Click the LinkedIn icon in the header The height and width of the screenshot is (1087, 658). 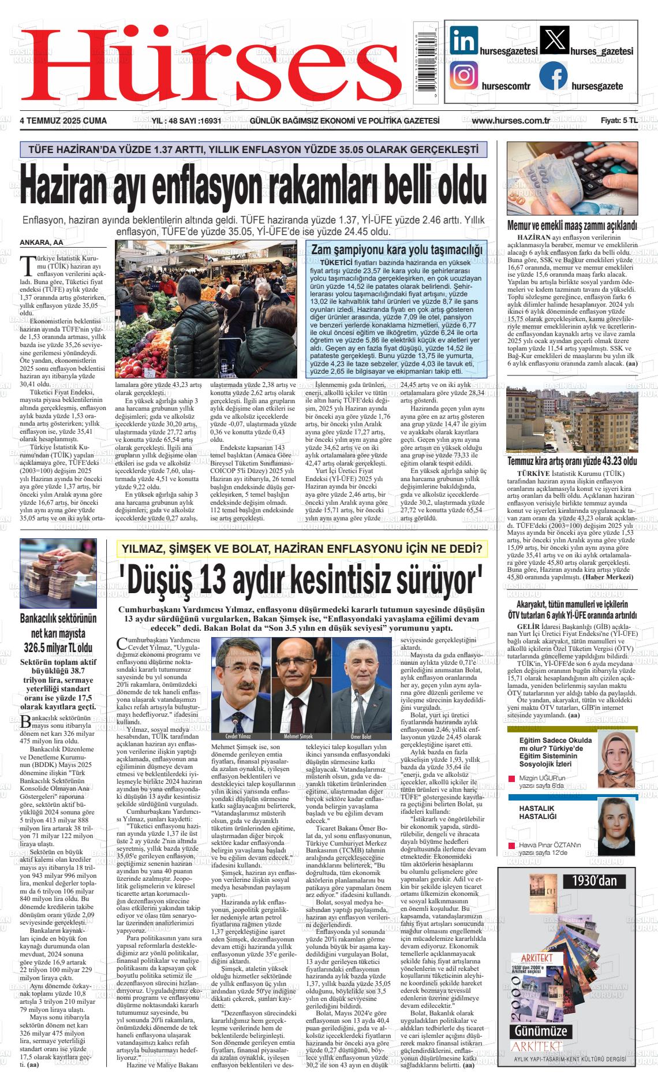[465, 42]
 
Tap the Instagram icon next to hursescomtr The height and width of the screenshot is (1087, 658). [464, 75]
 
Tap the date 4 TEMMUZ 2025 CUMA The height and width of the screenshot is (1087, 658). [63, 121]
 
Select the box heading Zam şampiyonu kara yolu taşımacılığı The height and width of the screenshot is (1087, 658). [396, 250]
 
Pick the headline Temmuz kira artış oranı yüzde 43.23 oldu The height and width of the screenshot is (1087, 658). [572, 461]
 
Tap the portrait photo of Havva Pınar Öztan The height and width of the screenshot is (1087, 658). [616, 826]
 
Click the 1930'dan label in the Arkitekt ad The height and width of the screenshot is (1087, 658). [595, 881]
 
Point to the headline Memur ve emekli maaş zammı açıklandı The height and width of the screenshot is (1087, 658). [572, 225]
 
